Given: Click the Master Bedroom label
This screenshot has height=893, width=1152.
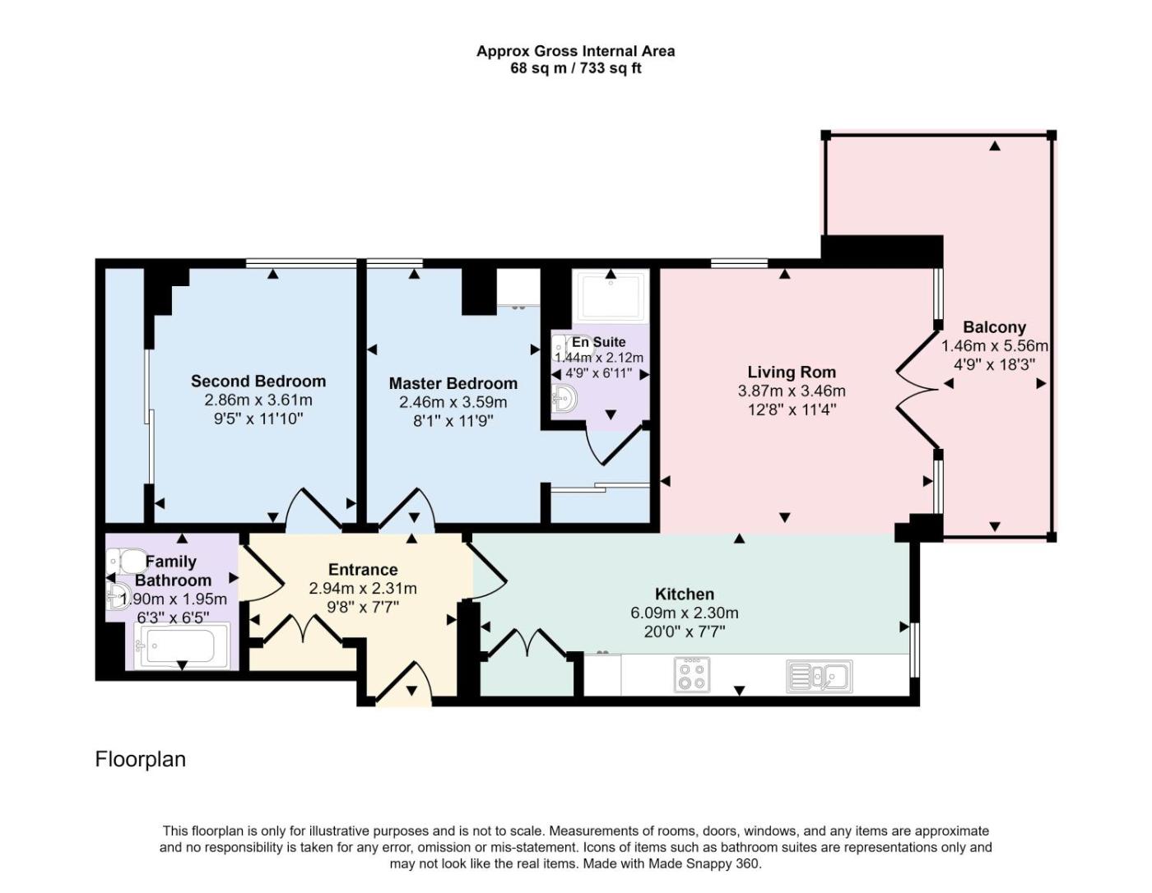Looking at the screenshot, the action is coord(453,383).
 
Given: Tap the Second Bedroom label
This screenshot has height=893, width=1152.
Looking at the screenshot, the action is coord(258,382).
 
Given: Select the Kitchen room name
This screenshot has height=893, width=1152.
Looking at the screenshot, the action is coord(685,594).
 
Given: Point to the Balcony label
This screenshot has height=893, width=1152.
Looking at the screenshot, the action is coord(994,326).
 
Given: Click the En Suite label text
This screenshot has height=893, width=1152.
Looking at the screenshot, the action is coord(598,342).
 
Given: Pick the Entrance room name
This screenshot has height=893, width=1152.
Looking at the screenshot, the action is coord(363,569).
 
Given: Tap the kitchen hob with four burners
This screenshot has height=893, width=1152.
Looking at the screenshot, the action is coord(692,675).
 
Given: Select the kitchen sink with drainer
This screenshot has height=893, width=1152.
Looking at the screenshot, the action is coord(819,676).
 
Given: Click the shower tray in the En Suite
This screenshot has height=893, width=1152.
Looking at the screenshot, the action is coord(611,295).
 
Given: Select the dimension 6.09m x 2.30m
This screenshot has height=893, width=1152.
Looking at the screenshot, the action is coord(684,613).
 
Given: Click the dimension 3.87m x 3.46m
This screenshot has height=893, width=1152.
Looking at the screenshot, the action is coord(792,391).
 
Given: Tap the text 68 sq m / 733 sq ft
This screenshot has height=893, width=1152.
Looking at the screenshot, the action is coord(576,68).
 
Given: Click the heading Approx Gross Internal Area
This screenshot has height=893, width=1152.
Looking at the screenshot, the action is coord(576,51).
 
